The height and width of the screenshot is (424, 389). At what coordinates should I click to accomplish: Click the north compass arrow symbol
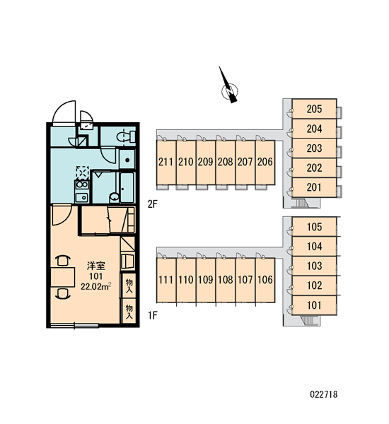click(229, 86)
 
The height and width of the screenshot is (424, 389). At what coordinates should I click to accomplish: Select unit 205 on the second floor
click(314, 109)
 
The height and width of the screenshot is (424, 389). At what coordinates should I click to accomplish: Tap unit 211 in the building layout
click(166, 162)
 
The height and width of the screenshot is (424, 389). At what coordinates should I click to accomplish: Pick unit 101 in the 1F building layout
click(314, 305)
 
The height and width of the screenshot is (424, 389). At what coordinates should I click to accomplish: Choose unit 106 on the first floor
click(265, 280)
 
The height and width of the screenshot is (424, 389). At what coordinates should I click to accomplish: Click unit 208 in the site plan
click(225, 162)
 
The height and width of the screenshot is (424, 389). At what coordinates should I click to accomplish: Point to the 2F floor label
click(152, 204)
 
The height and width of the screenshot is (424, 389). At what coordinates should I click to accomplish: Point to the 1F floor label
click(152, 315)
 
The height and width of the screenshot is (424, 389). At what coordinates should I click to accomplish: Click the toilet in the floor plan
click(126, 136)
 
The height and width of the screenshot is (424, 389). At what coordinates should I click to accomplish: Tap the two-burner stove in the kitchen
click(82, 185)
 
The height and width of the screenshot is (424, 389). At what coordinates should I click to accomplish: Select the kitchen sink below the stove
click(82, 197)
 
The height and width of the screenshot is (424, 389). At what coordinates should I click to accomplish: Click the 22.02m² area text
click(96, 286)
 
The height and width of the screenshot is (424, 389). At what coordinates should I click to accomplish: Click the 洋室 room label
click(95, 266)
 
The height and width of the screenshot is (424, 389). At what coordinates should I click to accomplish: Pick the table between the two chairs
click(63, 277)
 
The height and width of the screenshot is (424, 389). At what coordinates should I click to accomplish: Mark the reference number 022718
click(324, 394)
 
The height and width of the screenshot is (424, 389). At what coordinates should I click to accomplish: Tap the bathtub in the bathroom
click(127, 188)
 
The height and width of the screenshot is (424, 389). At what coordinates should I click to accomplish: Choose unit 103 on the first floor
click(314, 266)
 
